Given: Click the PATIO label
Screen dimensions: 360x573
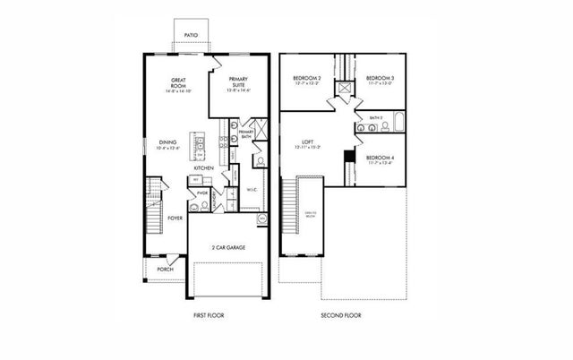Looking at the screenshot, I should pos(191,36).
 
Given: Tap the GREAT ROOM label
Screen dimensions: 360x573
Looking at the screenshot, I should pos(177,85).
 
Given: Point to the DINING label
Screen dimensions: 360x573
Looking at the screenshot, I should pos(168,143).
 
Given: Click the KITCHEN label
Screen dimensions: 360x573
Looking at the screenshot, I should pos(204,168).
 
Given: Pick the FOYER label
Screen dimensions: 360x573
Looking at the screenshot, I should pos(175,218).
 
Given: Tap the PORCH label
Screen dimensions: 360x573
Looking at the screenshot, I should pos(166,269).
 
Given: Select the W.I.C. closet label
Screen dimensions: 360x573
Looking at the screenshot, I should pos(252,190).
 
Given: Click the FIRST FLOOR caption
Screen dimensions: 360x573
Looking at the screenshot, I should pos(210,315).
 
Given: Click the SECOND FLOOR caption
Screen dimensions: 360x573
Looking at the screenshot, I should pos(341,315).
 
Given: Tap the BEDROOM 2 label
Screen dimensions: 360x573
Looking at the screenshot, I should pos(307,81).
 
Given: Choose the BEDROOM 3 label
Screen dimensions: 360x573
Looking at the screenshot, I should pos(379,81).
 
